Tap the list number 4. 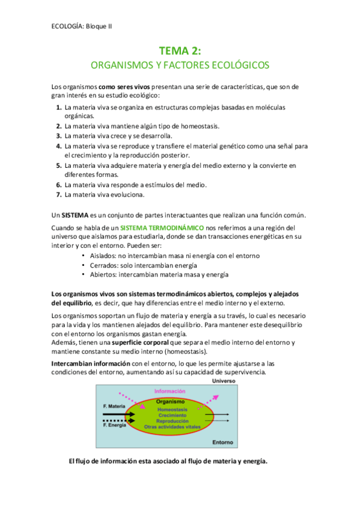coord(59,146)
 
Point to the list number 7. coord(59,194)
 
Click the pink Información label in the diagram coord(170,391)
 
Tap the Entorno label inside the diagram coord(223,442)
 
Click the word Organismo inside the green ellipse coord(169,401)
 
